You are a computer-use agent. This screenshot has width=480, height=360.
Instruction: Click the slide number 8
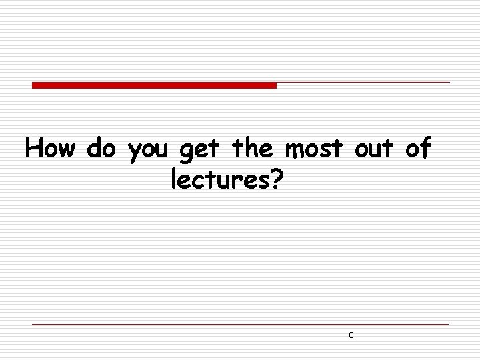(x=351, y=335)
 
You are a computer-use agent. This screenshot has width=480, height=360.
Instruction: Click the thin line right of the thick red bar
(x=363, y=83)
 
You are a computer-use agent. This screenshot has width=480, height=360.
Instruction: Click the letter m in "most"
(x=295, y=150)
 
